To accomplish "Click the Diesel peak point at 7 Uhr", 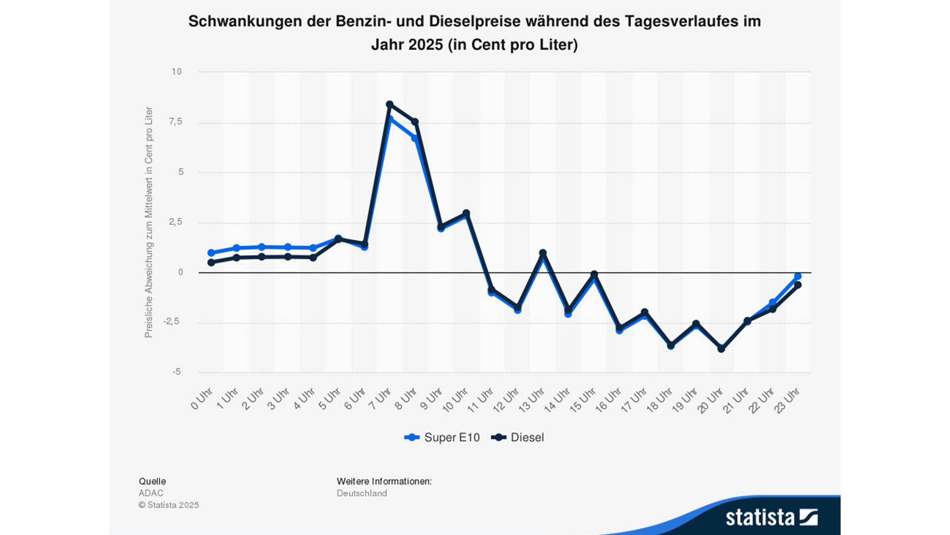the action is click(389, 105).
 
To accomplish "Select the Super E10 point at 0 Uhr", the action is click(211, 253).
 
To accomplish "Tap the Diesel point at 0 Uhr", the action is click(211, 263).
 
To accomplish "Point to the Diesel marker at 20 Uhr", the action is click(721, 349).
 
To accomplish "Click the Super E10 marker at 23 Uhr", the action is click(798, 276).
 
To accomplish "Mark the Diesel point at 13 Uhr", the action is click(543, 253).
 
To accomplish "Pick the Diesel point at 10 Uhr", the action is click(466, 214).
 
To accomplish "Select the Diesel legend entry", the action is click(518, 437).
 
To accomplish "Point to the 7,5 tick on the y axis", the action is click(176, 122).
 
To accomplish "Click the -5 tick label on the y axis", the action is click(177, 372).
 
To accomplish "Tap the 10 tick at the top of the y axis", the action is click(177, 72).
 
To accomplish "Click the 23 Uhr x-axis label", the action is click(787, 400).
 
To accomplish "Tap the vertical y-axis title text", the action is click(148, 222).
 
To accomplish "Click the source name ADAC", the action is click(151, 493).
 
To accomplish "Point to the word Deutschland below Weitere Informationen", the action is click(362, 493).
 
